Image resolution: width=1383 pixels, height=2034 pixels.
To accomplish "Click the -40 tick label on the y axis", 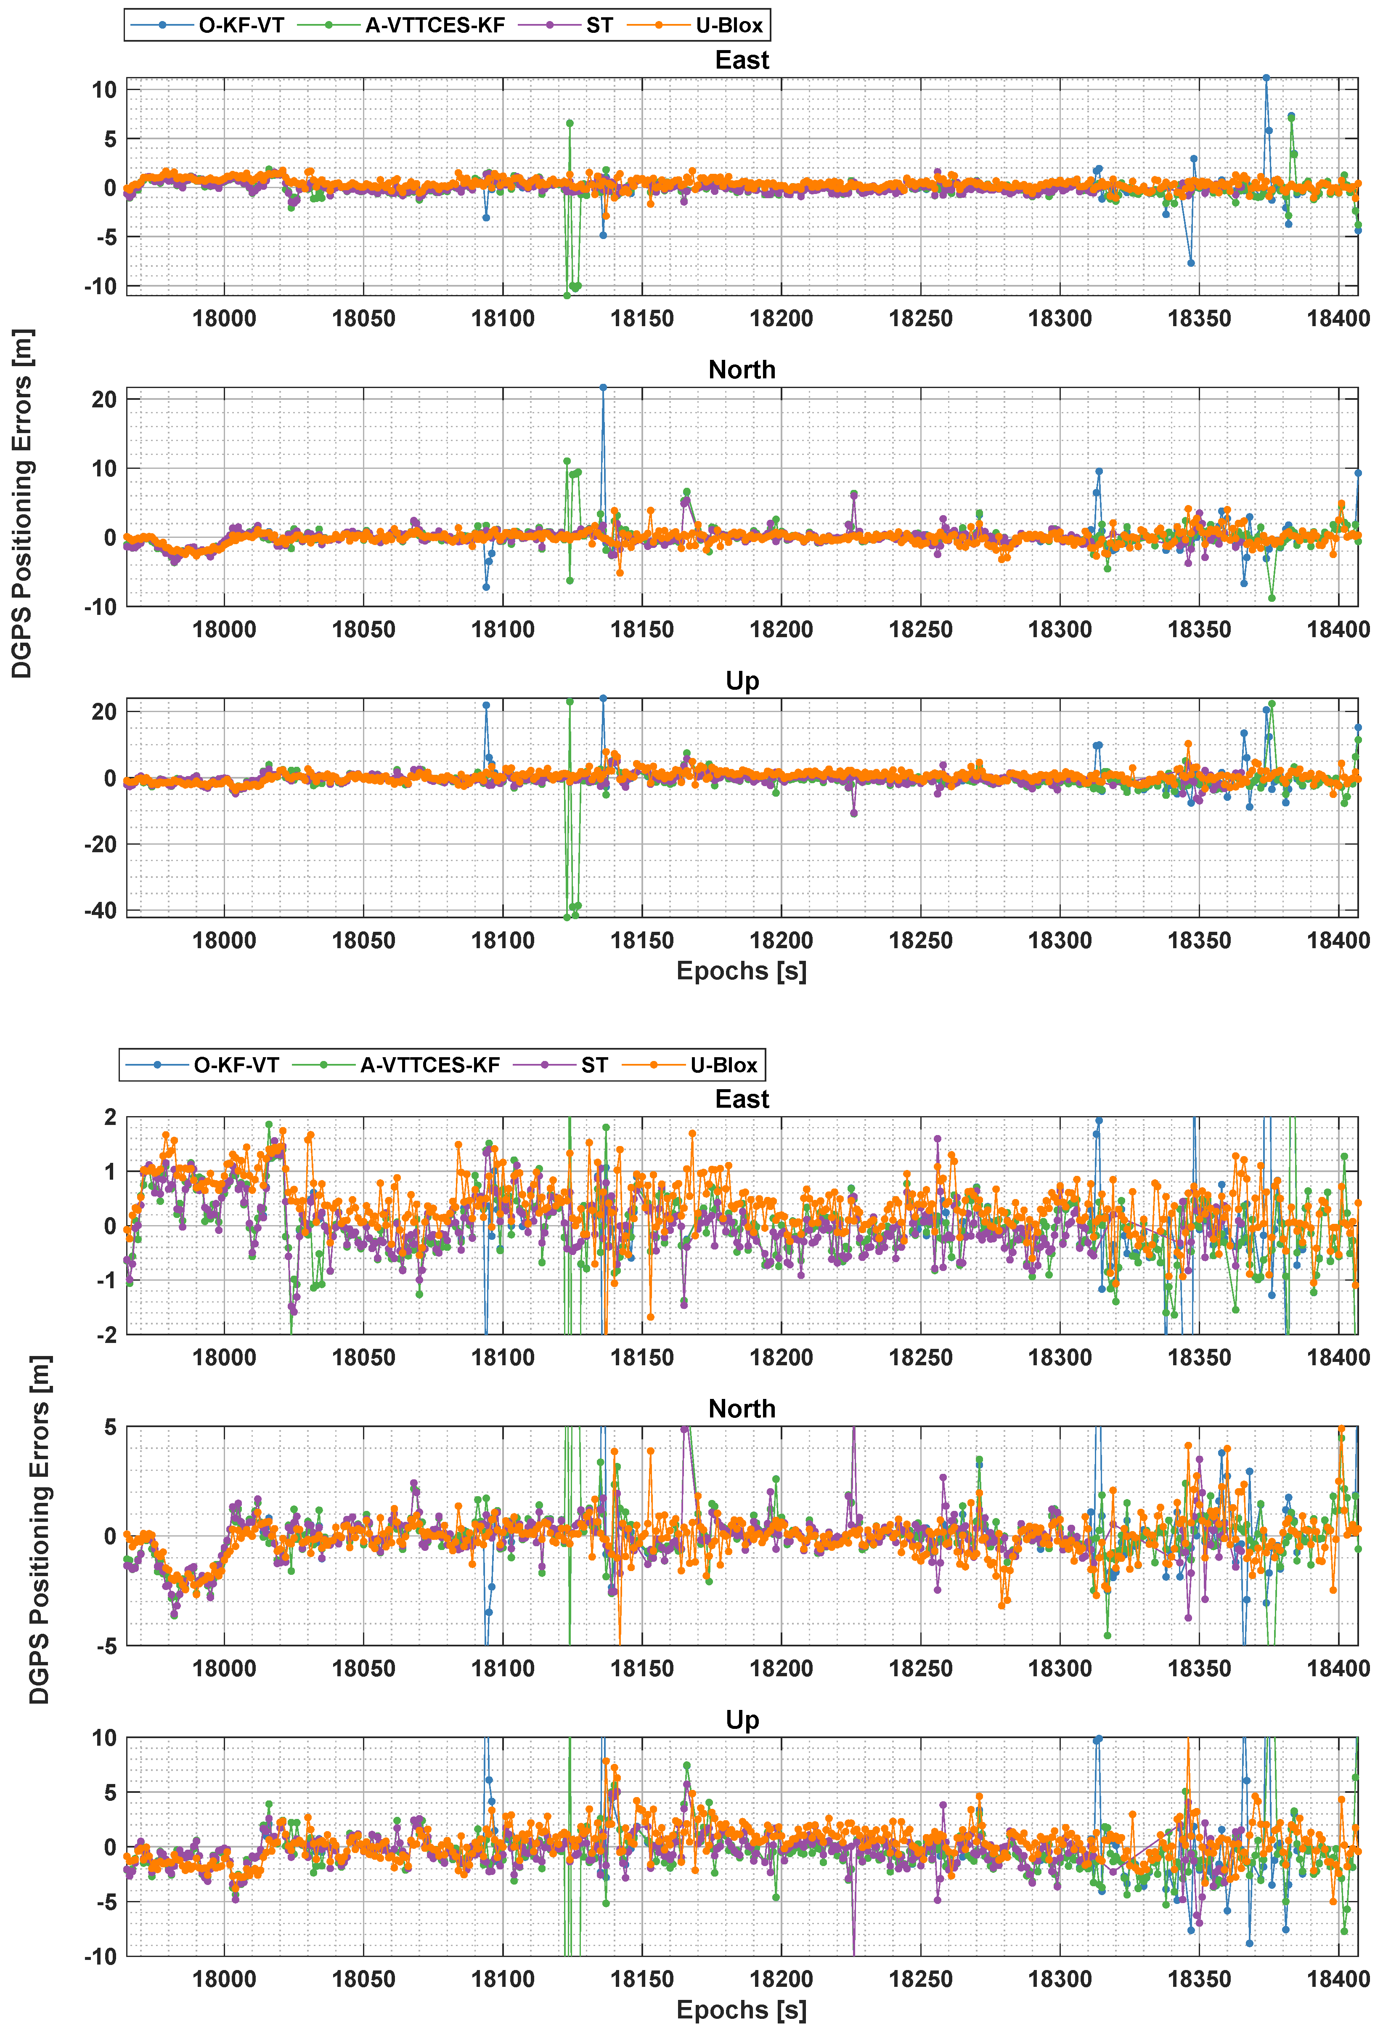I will click(101, 910).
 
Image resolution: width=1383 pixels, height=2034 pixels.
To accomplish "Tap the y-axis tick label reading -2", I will click(105, 1335).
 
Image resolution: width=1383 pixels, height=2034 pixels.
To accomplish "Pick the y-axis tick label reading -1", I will click(105, 1280).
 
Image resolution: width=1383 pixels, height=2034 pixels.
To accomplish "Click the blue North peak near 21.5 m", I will click(603, 388).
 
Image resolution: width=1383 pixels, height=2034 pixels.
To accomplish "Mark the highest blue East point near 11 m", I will click(1266, 78).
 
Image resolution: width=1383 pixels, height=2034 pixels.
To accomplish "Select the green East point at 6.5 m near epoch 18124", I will click(570, 123).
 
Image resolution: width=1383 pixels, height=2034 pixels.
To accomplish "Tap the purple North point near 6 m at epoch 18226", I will click(854, 495).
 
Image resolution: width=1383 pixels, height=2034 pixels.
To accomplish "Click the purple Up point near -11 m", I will click(854, 813).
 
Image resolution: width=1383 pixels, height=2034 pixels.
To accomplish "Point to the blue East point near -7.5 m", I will click(1190, 263).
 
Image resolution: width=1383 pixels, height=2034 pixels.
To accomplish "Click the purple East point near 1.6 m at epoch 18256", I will click(938, 1139).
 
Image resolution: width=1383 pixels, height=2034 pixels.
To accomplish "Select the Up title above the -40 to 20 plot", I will click(742, 681).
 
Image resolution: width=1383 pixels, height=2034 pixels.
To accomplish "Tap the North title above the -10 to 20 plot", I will click(742, 370).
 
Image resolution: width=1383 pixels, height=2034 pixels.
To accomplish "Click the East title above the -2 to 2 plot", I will click(742, 1099).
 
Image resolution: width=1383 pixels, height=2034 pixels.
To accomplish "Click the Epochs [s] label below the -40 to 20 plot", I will click(742, 970).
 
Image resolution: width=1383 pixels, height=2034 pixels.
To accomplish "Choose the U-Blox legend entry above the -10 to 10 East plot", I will click(729, 25).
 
